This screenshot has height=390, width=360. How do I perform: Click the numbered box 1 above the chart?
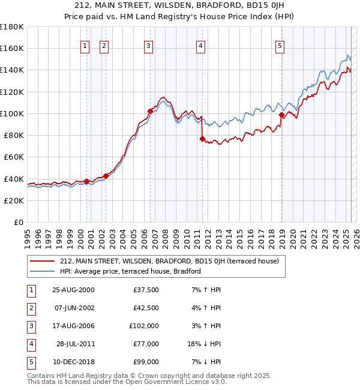click(x=85, y=45)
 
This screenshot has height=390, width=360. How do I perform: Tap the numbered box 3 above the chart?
click(x=148, y=45)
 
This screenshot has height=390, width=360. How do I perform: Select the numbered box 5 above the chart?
click(x=280, y=45)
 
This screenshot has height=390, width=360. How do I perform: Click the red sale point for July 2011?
click(x=202, y=139)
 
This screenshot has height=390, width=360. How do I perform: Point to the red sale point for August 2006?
click(x=150, y=111)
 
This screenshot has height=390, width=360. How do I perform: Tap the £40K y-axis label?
click(x=13, y=179)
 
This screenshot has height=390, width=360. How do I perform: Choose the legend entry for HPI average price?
click(x=130, y=271)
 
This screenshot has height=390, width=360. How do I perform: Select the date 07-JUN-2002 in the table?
click(x=74, y=308)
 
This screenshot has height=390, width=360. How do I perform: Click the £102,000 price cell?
click(x=144, y=326)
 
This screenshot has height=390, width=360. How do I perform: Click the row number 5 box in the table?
click(x=31, y=362)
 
